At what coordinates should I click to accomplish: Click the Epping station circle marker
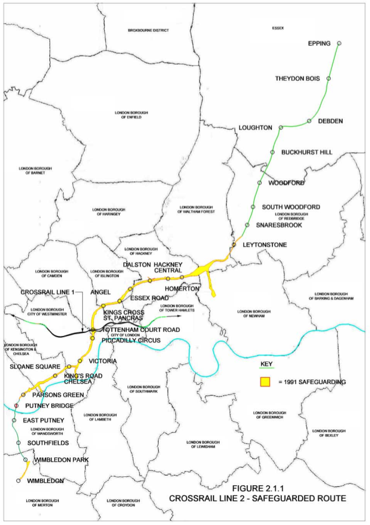[x=339, y=43]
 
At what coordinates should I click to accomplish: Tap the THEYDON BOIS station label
[x=297, y=78]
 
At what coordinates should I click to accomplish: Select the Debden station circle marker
[x=309, y=121]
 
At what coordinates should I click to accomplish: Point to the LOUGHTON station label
[x=255, y=128]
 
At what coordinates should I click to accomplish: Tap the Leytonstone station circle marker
[x=234, y=244]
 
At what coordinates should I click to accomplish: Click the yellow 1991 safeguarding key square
[x=265, y=381]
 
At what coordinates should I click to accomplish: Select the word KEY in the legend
[x=269, y=363]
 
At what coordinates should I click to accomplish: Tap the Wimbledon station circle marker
[x=18, y=480]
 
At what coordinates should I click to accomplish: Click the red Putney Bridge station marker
[x=16, y=405]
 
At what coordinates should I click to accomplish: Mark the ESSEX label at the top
[x=278, y=28]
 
